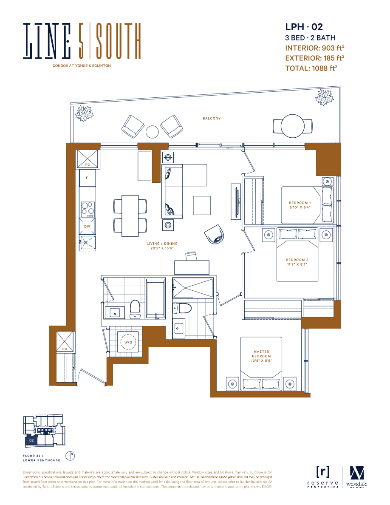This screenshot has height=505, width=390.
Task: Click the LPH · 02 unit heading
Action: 304,27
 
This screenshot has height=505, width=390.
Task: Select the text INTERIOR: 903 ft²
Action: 314,48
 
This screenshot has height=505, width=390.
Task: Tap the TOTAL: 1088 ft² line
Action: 311,68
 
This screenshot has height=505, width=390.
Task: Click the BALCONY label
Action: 212,119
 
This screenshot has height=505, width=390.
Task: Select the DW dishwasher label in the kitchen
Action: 87,227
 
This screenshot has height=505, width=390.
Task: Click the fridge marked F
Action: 87,178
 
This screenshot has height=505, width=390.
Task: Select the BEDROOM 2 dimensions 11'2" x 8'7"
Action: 297,264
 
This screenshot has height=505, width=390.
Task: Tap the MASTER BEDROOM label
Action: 262,354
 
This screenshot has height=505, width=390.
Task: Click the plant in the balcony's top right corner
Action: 325,99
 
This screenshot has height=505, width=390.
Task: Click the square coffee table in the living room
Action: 202,205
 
